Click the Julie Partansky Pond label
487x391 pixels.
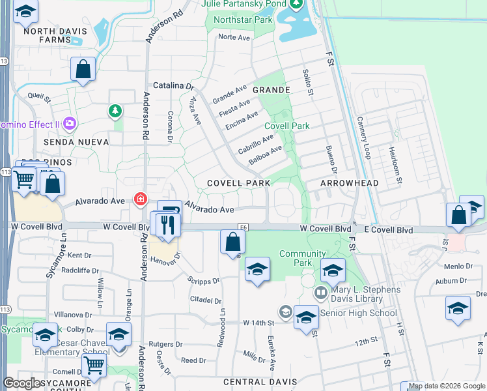click(245, 4)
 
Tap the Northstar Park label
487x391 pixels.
click(245, 20)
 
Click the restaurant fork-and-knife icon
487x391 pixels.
click(168, 225)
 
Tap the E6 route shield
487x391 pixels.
click(244, 227)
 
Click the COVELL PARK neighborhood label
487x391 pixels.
click(238, 183)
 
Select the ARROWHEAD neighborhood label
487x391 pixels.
click(350, 183)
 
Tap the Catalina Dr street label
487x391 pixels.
click(174, 85)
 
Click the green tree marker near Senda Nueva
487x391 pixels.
click(115, 111)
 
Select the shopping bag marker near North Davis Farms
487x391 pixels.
click(83, 68)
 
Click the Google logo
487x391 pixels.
click(22, 383)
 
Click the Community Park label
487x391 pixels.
click(303, 258)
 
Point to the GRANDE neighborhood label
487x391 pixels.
click(271, 89)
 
